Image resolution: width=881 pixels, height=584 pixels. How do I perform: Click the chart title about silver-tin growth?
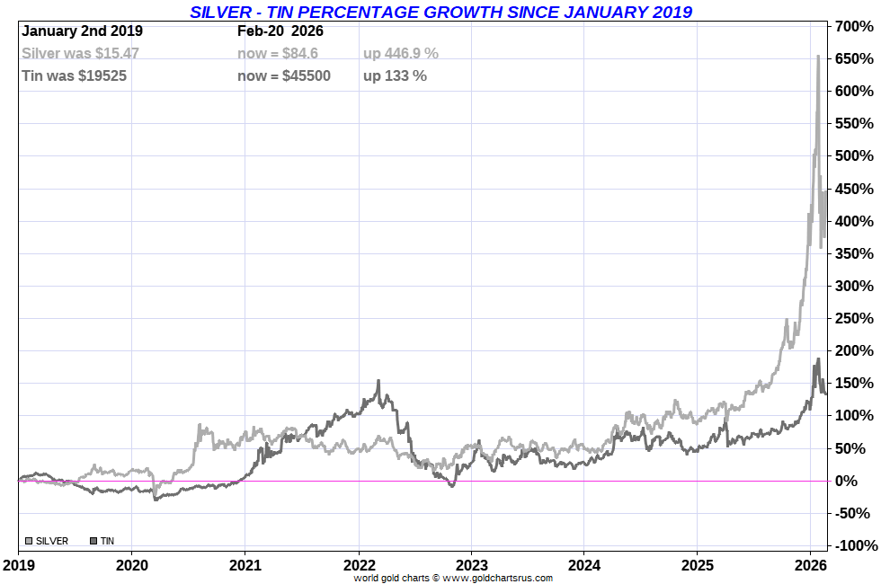coord(440,12)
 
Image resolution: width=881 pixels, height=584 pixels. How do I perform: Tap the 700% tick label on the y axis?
coord(855,26)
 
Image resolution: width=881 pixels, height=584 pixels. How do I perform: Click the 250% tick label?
coord(855,318)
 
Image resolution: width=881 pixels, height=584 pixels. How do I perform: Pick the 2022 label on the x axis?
coord(359,566)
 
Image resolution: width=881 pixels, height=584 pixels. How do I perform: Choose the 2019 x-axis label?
coord(19,566)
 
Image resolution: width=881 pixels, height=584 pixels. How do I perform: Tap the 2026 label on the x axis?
coord(811,566)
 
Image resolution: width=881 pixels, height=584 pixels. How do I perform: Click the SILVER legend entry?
coord(46,541)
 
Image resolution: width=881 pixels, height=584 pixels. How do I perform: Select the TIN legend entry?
coord(102,541)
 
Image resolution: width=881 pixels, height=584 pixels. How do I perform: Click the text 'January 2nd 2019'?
coord(82,31)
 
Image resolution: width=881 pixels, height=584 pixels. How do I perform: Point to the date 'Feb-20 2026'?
coord(280,31)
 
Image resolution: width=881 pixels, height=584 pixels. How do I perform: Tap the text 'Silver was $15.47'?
coord(80,53)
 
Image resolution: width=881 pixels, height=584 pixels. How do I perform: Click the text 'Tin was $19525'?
coord(74,75)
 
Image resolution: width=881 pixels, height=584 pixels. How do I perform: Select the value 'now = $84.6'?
coord(277,53)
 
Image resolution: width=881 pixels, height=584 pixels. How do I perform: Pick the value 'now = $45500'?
coord(284,75)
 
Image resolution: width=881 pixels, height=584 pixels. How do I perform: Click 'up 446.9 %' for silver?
coord(401,53)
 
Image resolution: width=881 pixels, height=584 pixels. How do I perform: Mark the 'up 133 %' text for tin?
coord(395,75)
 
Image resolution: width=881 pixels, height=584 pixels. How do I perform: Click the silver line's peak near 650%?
coord(817,58)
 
